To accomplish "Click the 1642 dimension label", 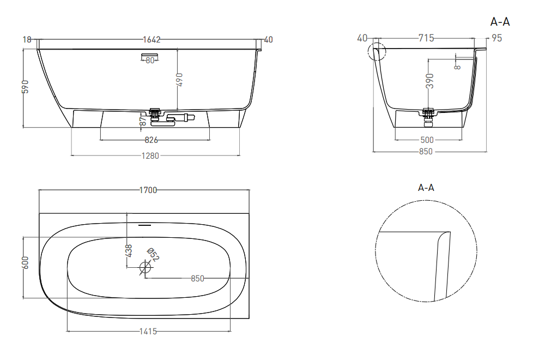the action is (152, 39).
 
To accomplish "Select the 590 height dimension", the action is (26, 87).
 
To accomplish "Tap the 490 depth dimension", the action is (179, 80).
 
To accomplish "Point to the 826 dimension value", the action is (152, 140).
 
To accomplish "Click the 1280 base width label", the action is (150, 155).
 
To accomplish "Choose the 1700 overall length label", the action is (148, 190).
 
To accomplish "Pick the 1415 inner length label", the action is (148, 331).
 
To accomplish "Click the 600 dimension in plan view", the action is (26, 262).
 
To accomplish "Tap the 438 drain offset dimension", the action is (129, 251).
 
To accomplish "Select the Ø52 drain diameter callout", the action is (153, 255).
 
